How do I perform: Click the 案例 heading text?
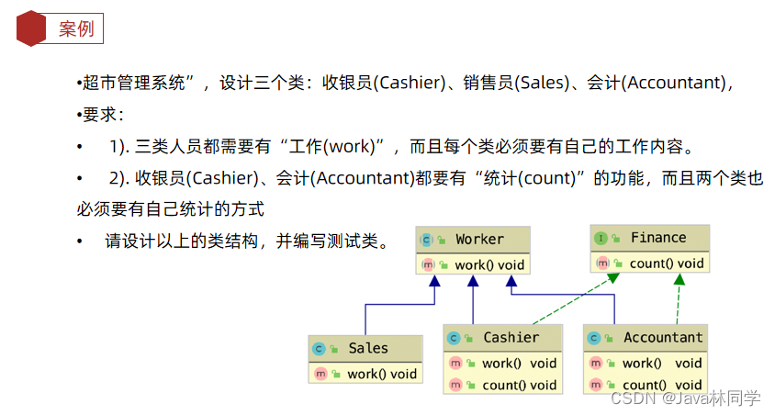pos(76,28)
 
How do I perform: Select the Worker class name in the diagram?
pos(479,240)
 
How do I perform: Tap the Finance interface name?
pos(657,238)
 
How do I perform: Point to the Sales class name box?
pos(367,349)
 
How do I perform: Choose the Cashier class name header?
pos(511,338)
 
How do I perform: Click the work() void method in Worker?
pos(489,265)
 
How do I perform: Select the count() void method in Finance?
pos(667,264)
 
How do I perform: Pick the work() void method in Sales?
pos(381,374)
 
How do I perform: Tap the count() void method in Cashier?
pos(519,386)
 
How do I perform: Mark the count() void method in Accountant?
pos(661,386)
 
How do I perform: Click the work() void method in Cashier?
pos(519,364)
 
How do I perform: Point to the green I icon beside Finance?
pos(601,239)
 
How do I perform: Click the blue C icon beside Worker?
pos(427,241)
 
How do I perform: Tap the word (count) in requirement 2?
pos(551,178)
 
